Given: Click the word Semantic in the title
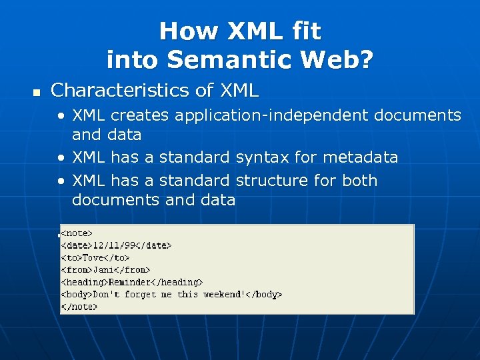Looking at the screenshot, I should (x=224, y=60).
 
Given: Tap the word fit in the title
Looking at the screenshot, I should (x=305, y=31).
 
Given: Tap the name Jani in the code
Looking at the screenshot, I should (x=103, y=269).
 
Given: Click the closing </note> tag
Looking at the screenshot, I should (x=79, y=307).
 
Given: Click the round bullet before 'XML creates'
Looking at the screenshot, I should (x=61, y=116).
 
